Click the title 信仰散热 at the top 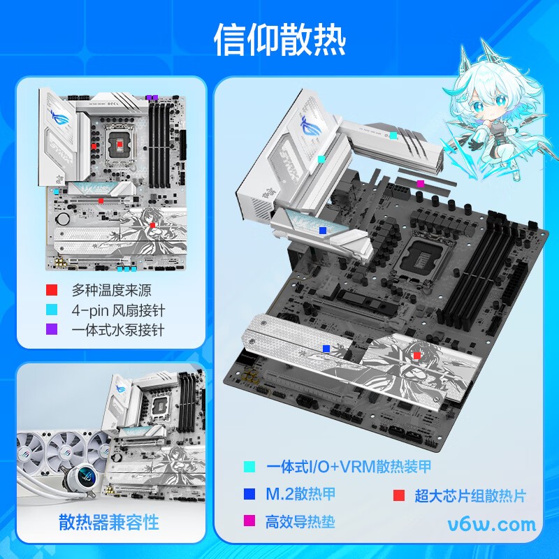tap(279, 40)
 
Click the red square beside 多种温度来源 tap(51, 290)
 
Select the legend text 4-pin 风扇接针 tap(118, 310)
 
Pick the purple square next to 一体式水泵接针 tap(51, 329)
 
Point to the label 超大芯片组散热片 tap(470, 495)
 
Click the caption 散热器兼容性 tap(109, 521)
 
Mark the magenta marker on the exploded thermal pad tap(420, 184)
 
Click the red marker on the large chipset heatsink tap(417, 356)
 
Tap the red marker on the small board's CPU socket tap(120, 143)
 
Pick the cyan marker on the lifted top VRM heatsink tap(393, 135)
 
